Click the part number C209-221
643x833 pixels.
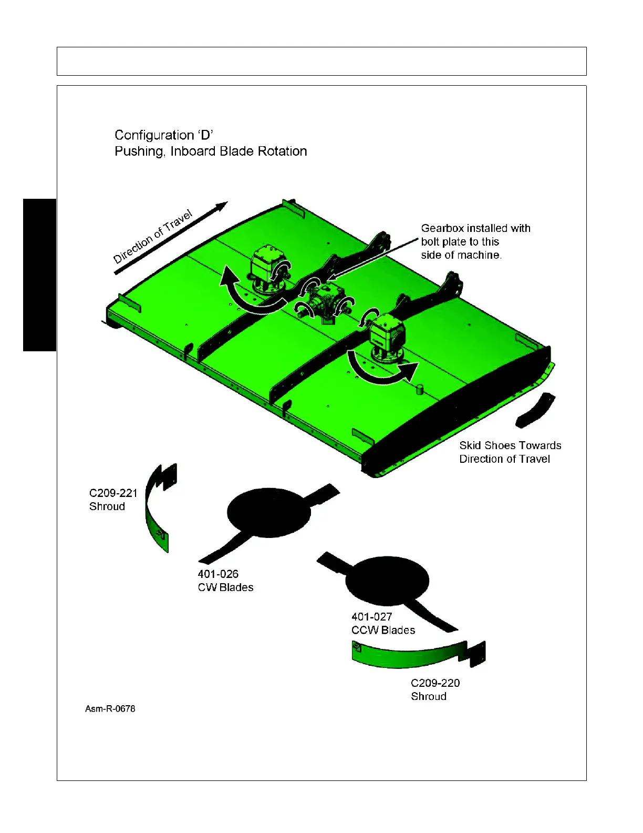113,493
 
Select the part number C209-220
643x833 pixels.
435,683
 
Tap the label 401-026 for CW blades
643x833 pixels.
218,574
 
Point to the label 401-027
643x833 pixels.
371,617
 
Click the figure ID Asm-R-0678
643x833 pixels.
110,709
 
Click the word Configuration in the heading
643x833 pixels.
154,136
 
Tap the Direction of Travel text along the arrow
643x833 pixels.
153,236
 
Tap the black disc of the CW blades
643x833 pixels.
268,512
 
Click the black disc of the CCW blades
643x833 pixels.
387,581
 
